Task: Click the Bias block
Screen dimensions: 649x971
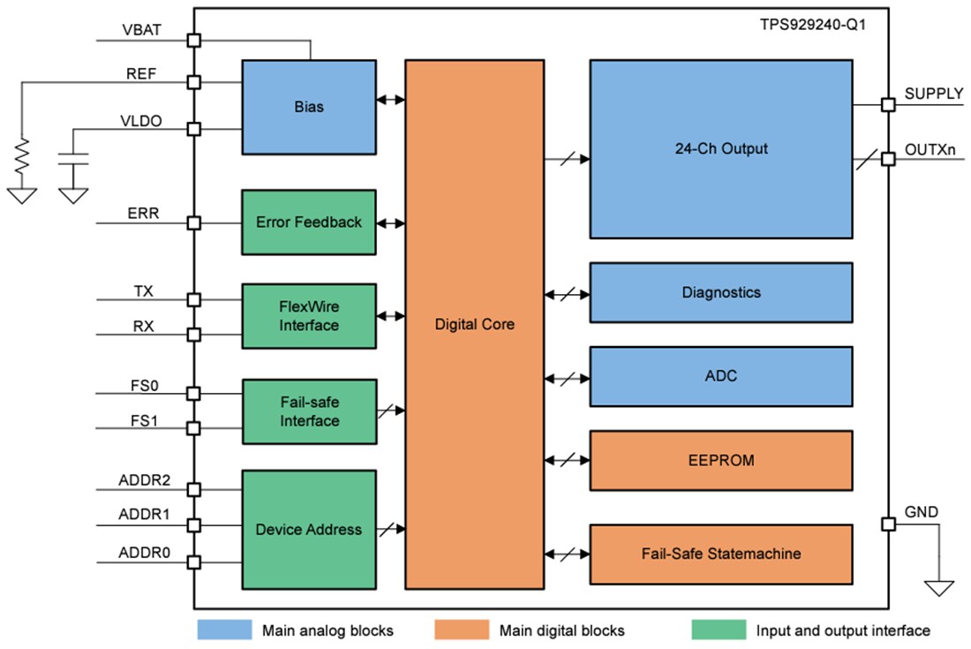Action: click(309, 107)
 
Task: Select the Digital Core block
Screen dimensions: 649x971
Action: click(474, 324)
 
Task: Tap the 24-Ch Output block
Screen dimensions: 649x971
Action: click(720, 148)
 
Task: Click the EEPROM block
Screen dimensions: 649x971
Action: click(720, 460)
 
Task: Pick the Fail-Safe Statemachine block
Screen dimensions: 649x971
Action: click(720, 554)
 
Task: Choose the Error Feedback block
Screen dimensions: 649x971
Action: click(309, 223)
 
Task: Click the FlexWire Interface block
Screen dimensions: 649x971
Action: click(309, 316)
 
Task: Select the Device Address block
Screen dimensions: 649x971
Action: click(309, 530)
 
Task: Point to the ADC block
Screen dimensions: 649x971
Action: click(720, 376)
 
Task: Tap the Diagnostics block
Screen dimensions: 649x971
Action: click(720, 292)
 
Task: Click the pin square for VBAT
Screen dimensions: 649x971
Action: click(194, 41)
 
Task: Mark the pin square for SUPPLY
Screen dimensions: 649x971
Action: click(889, 105)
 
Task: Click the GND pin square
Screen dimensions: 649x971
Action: click(889, 524)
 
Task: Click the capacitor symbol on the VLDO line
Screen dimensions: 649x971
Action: click(74, 162)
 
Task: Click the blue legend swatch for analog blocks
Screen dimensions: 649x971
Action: click(224, 630)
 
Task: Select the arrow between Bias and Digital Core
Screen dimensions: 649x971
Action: click(390, 100)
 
